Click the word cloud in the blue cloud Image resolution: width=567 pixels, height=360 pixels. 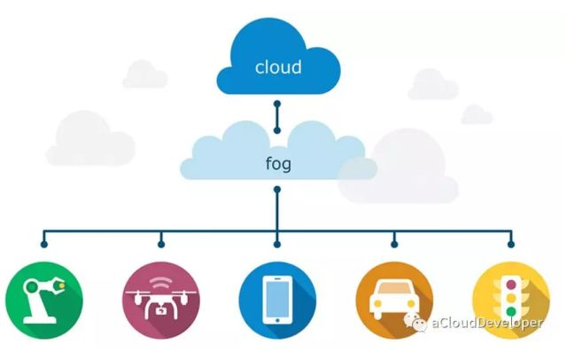[277, 67]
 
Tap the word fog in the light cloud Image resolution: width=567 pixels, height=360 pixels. [277, 164]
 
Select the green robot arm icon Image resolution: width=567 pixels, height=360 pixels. [43, 301]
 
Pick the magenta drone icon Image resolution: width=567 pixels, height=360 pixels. [160, 301]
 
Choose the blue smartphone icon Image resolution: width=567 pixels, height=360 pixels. [277, 301]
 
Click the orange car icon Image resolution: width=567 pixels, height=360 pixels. [394, 301]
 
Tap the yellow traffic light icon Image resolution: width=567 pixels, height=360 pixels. [511, 301]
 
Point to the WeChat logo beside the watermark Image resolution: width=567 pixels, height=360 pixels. [417, 323]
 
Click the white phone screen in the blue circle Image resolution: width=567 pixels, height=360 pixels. [277, 300]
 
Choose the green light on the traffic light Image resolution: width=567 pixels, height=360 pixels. [511, 311]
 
